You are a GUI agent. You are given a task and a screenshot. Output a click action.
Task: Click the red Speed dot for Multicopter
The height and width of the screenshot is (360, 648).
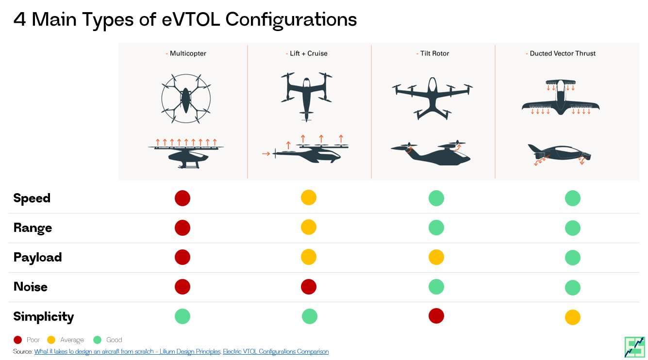183,198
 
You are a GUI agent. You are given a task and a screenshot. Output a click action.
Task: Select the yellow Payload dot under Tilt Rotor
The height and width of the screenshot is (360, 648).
436,257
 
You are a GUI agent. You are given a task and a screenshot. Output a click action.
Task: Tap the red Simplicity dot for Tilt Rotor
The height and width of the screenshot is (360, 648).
436,316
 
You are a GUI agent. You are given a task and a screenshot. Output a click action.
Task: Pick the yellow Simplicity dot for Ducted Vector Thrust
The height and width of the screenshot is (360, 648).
573,317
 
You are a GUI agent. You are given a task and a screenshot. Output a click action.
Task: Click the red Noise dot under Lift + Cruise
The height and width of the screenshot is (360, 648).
309,287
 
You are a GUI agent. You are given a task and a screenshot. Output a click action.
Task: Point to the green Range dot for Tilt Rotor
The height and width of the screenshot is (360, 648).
436,228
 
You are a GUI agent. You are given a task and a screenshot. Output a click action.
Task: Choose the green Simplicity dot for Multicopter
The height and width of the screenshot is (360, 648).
183,316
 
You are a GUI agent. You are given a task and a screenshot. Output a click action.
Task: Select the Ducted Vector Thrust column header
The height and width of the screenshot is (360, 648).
562,53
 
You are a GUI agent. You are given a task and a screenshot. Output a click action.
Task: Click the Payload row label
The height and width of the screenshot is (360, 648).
37,257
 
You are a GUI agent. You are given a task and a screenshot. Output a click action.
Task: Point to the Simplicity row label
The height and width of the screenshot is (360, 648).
44,317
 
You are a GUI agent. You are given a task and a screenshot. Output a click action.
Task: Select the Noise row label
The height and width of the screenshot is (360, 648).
31,287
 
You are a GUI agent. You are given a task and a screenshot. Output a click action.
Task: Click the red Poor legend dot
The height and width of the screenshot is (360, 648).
18,340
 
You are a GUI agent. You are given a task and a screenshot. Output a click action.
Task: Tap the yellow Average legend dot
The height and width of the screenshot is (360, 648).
51,340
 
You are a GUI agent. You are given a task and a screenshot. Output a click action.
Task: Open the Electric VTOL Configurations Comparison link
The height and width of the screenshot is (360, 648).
276,351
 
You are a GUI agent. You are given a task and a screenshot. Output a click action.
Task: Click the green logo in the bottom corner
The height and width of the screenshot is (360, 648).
634,346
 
